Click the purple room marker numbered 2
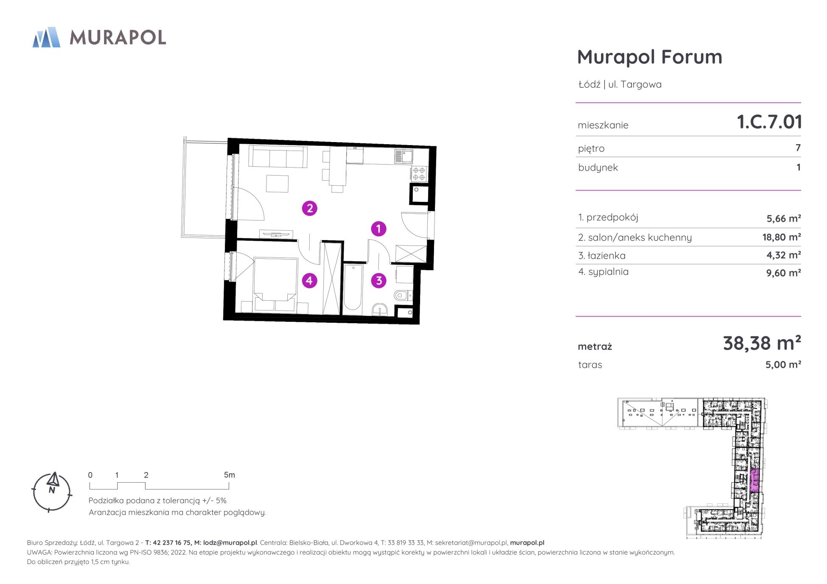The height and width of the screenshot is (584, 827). click(x=310, y=208)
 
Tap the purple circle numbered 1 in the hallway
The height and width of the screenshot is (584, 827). click(x=378, y=229)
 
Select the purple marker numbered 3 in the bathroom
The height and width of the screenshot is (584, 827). click(x=378, y=280)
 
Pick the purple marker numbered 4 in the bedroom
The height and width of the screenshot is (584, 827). click(x=309, y=280)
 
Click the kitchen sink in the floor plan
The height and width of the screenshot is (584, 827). click(x=404, y=156)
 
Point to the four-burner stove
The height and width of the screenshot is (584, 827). click(x=419, y=173)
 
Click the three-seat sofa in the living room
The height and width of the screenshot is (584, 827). click(x=278, y=157)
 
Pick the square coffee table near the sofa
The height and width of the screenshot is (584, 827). click(x=278, y=184)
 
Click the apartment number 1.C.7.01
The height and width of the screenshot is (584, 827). click(x=769, y=122)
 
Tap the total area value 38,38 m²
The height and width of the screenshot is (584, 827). click(x=762, y=343)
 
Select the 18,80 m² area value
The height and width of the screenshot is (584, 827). click(x=782, y=237)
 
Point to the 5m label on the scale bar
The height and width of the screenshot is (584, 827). click(x=229, y=475)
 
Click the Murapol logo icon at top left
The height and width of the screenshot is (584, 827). click(x=46, y=37)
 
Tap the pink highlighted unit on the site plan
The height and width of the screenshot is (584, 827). click(x=754, y=481)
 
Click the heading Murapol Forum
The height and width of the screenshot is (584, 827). click(x=650, y=57)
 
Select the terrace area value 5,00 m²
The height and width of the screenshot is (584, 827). click(x=783, y=365)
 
